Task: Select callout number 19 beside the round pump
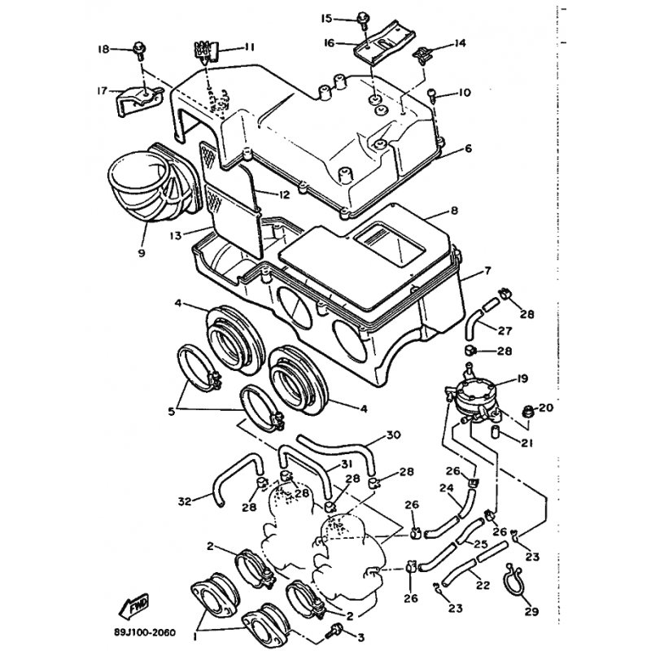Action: [x=522, y=378]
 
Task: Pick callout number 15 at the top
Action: [x=327, y=17]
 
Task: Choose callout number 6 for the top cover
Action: [x=468, y=149]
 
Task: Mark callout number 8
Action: [x=454, y=211]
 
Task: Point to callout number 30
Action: [x=393, y=435]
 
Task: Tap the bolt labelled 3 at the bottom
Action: [x=334, y=629]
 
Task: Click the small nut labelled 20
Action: [x=525, y=409]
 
